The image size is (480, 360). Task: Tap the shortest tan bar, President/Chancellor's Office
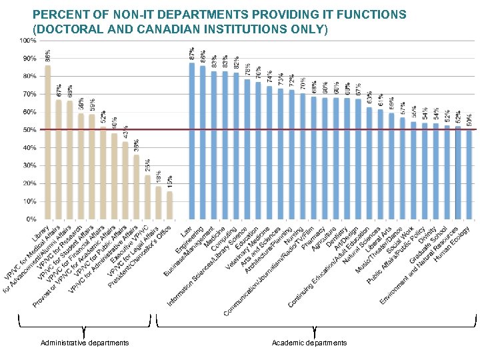click(169, 205)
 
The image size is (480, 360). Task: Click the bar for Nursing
click(303, 156)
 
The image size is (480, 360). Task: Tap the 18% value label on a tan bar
click(159, 177)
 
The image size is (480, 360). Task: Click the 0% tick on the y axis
click(31, 219)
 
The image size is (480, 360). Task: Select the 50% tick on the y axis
click(29, 130)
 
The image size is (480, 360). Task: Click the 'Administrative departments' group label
click(85, 343)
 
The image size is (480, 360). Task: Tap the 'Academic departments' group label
click(309, 343)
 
